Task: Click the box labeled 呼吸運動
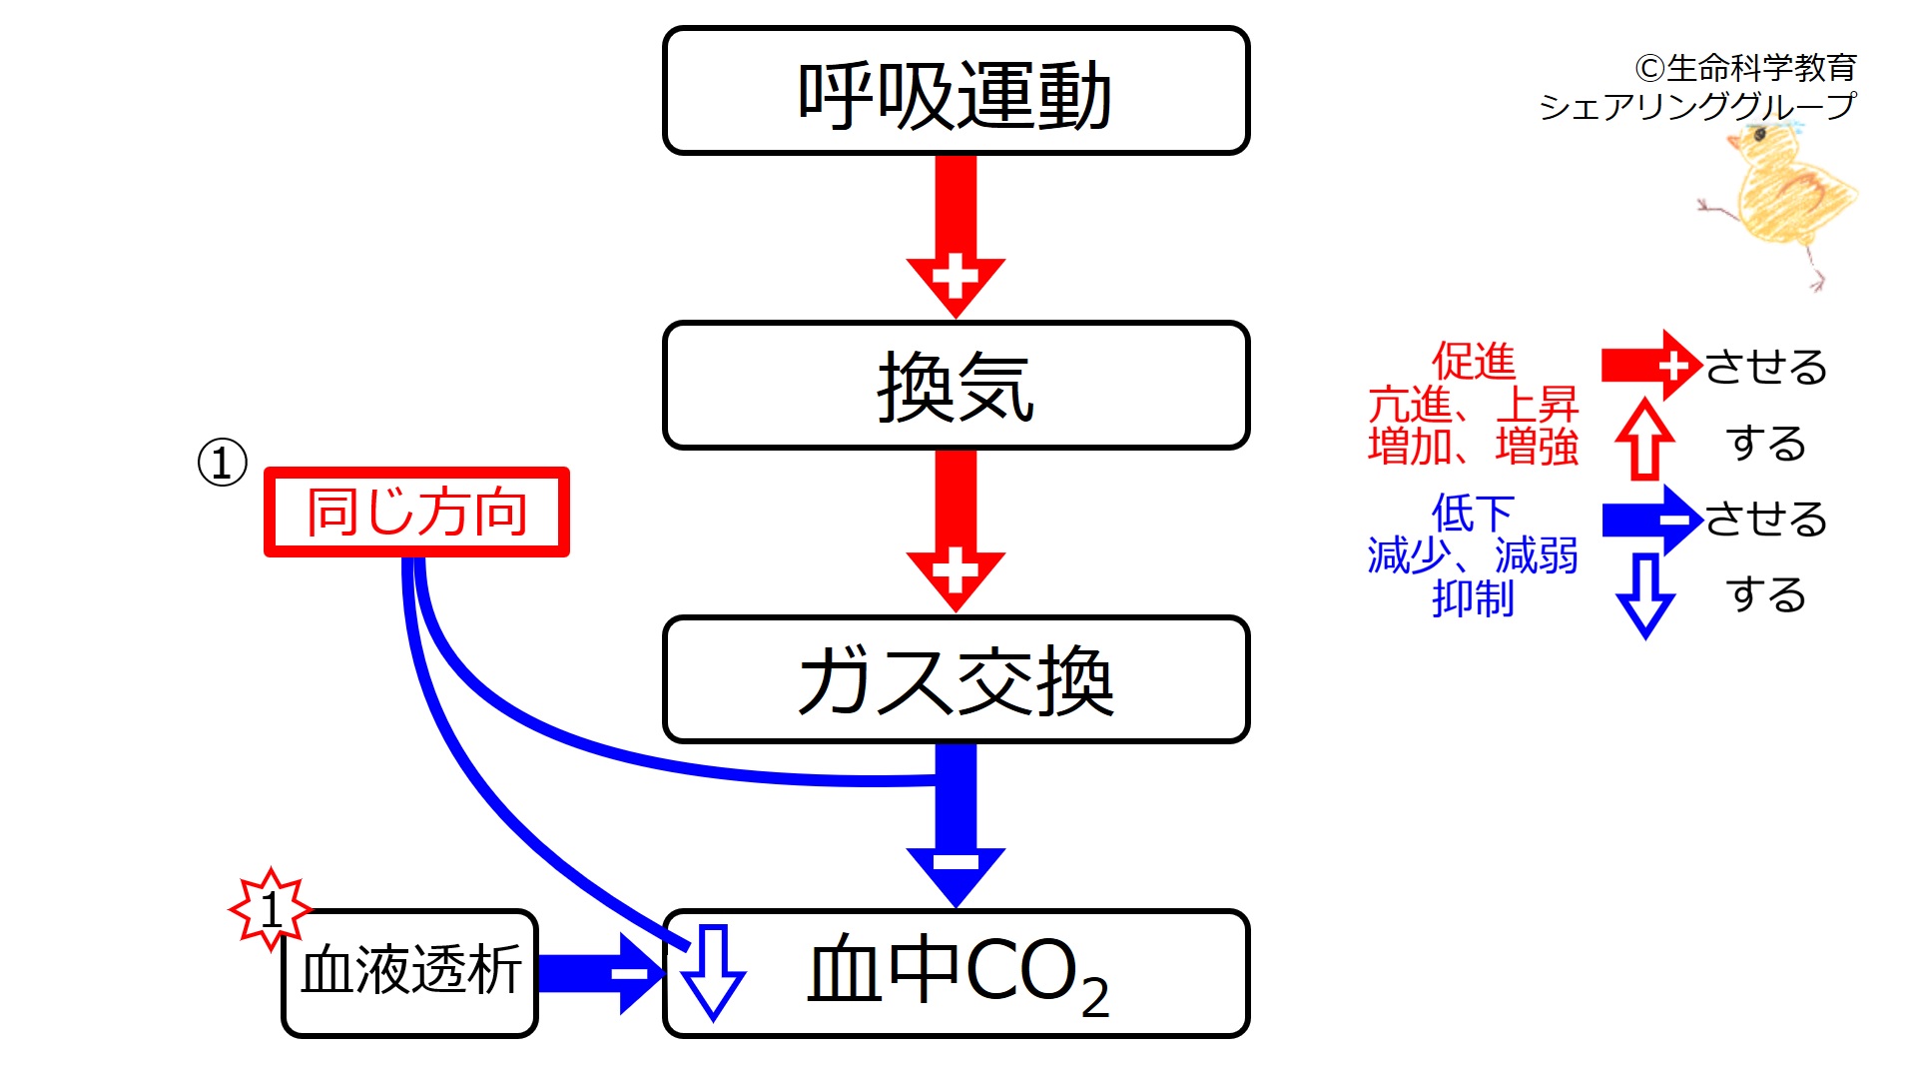[x=956, y=92]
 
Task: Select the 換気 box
[x=956, y=386]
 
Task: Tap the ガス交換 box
[x=956, y=679]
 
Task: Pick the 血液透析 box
[x=410, y=973]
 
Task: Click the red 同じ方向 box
[x=416, y=512]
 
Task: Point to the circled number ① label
[x=222, y=463]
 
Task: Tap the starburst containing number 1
[x=270, y=909]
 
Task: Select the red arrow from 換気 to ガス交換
[x=956, y=530]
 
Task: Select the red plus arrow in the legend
[x=1649, y=366]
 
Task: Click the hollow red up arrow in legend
[x=1644, y=440]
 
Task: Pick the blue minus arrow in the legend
[x=1649, y=520]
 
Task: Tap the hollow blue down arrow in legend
[x=1644, y=595]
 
